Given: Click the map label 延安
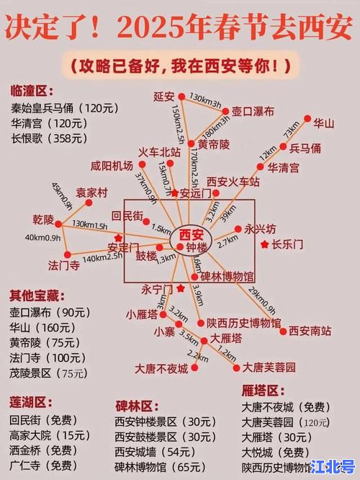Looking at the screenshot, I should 163,96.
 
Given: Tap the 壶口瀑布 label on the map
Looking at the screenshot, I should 252,112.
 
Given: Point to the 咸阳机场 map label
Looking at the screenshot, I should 112,166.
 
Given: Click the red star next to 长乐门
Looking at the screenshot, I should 263,245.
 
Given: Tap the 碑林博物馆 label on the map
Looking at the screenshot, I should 226,276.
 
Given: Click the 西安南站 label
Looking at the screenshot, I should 310,332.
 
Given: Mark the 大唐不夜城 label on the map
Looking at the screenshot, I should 161,368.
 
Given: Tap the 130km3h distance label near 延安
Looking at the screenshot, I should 204,95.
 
